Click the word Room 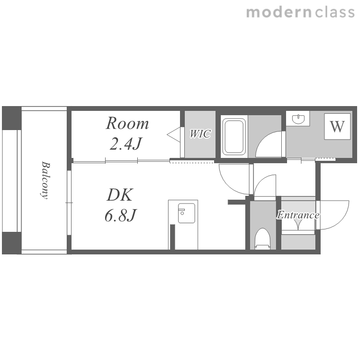(x=127, y=123)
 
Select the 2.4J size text (x=126, y=144)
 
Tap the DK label (x=120, y=195)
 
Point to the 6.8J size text (x=121, y=215)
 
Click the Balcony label (x=45, y=180)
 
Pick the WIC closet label (x=200, y=134)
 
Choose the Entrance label (x=298, y=215)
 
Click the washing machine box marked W (x=337, y=126)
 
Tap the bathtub (x=234, y=137)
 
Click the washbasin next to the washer (x=299, y=119)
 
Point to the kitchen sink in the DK (x=186, y=213)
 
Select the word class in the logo (x=335, y=12)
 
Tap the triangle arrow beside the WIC (x=174, y=134)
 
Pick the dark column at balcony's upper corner (x=12, y=118)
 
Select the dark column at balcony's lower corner (x=12, y=243)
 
